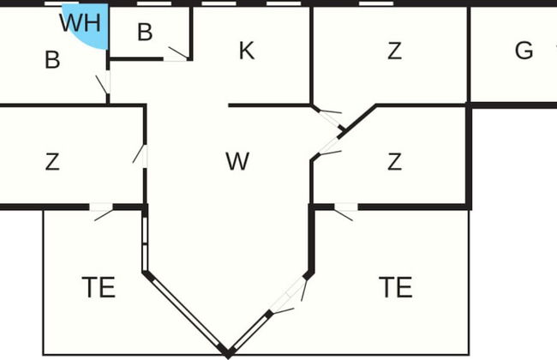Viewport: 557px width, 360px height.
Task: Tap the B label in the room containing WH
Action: coord(52,60)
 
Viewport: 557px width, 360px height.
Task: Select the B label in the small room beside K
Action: coord(145,33)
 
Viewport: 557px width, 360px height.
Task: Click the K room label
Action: coord(246,51)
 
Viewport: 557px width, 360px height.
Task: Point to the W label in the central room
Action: coord(237,160)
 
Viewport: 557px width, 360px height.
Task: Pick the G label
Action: coord(524,51)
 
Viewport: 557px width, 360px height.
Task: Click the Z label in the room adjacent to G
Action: coord(394,51)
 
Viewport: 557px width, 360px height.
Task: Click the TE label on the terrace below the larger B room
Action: coord(99,287)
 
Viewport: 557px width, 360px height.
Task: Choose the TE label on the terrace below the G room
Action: coord(395,287)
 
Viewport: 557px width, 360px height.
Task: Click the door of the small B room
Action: coord(177,55)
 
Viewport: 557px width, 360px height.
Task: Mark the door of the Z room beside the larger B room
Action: coord(141,155)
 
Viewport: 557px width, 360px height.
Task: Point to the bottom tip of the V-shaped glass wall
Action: coord(227,351)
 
